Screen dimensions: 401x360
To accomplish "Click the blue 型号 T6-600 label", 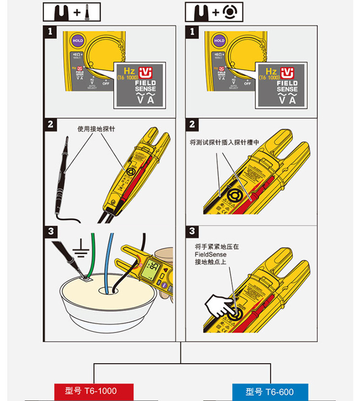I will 269,391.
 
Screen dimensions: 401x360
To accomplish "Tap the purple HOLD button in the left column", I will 78,41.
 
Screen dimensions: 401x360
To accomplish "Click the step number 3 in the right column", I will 192,232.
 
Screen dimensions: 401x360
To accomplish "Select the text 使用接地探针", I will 96,129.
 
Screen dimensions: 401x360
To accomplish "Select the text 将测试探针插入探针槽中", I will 225,142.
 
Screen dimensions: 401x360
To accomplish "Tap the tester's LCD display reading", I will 153,268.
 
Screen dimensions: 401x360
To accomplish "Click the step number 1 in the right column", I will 192,32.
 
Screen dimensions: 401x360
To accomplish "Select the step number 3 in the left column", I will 50,232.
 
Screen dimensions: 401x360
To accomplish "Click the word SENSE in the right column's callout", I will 287,90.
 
